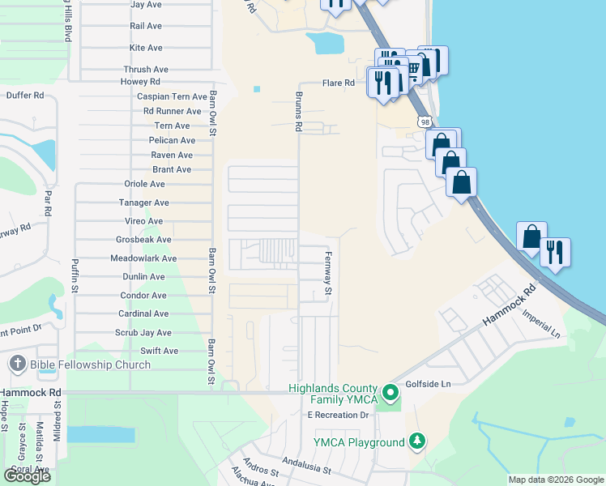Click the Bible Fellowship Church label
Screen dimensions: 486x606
(90, 364)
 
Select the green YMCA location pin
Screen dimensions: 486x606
(390, 394)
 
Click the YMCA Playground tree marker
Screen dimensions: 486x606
(417, 441)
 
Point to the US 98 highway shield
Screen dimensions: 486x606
(425, 122)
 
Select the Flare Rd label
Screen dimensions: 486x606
(339, 83)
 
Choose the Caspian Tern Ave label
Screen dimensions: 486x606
(172, 96)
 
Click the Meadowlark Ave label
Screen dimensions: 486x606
(143, 258)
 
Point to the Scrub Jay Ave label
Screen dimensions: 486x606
(143, 333)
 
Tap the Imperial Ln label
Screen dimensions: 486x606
(541, 323)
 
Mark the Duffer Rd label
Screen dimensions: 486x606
(24, 95)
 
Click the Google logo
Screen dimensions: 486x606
(27, 475)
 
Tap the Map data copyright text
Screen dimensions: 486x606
(555, 480)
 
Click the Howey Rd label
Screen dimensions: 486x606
(140, 82)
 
